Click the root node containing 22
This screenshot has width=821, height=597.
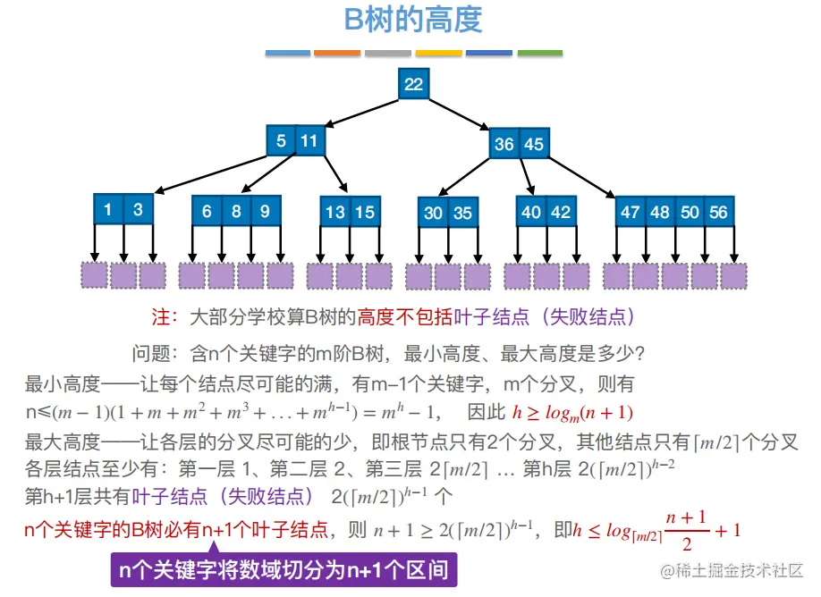click(x=413, y=84)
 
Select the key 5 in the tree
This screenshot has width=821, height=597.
click(x=281, y=140)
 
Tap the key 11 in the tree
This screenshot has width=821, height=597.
click(x=309, y=140)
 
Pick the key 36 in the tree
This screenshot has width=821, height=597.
click(x=504, y=144)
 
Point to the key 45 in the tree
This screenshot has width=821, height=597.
click(x=534, y=144)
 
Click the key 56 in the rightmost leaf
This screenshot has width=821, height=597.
click(x=719, y=212)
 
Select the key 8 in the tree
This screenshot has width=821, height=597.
click(x=236, y=212)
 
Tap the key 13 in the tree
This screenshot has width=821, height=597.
click(x=335, y=212)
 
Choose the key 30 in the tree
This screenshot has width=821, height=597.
click(x=434, y=213)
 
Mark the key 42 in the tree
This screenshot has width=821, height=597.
click(x=561, y=212)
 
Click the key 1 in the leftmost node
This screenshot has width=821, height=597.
click(x=108, y=210)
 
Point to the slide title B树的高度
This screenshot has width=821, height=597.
click(x=413, y=20)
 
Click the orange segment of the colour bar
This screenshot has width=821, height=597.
click(x=337, y=53)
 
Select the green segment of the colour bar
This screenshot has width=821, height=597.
click(x=540, y=53)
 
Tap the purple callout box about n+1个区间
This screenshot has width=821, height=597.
click(x=284, y=568)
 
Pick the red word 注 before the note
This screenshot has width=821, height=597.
click(x=161, y=317)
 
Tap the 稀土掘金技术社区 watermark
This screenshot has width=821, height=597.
click(x=732, y=570)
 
